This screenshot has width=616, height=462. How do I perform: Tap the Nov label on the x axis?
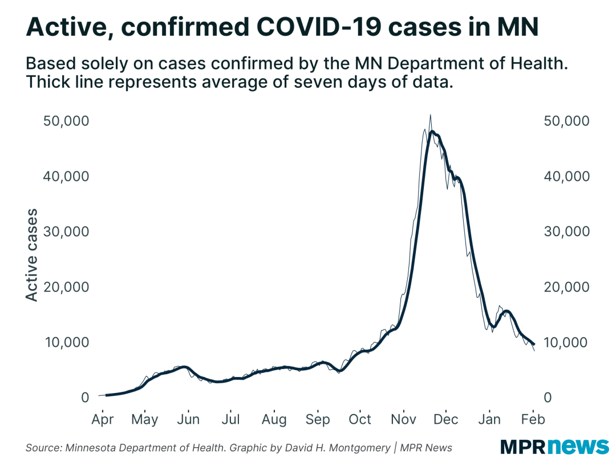click(403, 419)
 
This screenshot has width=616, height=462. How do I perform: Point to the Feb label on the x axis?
click(533, 419)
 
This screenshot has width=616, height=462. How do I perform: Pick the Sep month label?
click(317, 419)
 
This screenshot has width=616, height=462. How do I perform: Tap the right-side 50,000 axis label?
click(566, 121)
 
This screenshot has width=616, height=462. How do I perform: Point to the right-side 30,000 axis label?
click(566, 232)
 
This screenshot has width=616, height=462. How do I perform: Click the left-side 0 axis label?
click(85, 398)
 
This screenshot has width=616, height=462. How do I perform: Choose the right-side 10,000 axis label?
click(566, 342)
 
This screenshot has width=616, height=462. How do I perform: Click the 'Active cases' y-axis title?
click(32, 255)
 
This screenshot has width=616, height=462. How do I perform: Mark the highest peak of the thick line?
click(432, 132)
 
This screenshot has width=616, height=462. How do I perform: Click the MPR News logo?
click(554, 445)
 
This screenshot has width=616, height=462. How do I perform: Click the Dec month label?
click(446, 419)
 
